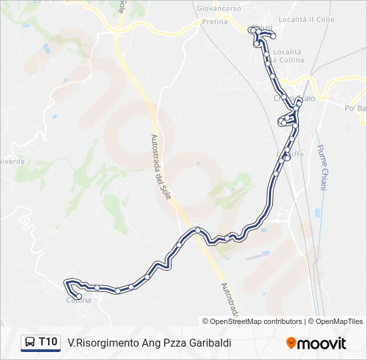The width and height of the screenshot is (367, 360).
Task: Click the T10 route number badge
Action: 48,342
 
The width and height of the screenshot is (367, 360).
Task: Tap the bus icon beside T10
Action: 30,343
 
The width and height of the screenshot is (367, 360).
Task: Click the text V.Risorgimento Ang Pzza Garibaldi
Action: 149,343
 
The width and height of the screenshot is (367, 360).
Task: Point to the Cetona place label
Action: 78,301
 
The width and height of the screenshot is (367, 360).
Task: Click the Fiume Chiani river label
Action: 321,168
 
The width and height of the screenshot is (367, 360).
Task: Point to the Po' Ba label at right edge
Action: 355,108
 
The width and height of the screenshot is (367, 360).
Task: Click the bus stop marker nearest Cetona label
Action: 79,296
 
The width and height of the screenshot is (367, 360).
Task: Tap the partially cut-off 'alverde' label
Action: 13,161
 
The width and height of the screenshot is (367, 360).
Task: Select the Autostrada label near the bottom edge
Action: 229,300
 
